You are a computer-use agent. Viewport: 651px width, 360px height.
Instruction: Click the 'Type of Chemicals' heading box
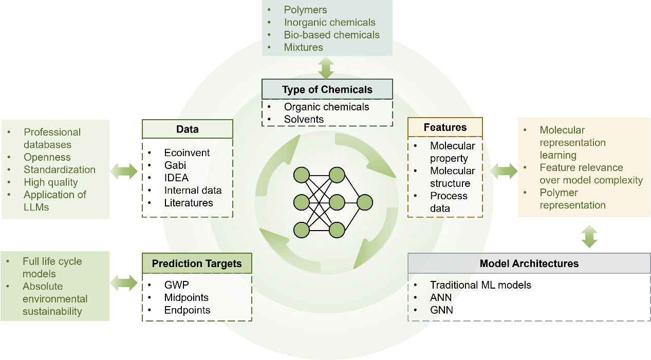pyautogui.click(x=327, y=89)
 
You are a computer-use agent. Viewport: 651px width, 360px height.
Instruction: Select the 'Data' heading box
pyautogui.click(x=187, y=129)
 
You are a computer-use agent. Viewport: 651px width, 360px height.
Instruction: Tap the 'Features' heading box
pyautogui.click(x=445, y=127)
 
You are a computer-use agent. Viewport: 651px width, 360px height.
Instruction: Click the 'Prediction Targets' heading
pyautogui.click(x=197, y=263)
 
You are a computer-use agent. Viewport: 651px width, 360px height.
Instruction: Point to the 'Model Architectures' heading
pyautogui.click(x=529, y=263)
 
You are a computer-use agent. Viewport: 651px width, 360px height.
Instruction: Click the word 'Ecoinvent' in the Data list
pyautogui.click(x=187, y=153)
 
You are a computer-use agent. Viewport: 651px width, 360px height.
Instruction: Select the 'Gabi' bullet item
pyautogui.click(x=175, y=165)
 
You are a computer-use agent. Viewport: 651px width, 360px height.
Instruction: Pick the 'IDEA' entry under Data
pyautogui.click(x=176, y=178)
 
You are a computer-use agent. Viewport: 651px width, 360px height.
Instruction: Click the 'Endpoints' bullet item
pyautogui.click(x=187, y=310)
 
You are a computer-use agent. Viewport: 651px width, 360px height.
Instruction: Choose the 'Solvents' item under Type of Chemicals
pyautogui.click(x=304, y=119)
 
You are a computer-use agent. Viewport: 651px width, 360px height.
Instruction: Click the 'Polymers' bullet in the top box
pyautogui.click(x=305, y=10)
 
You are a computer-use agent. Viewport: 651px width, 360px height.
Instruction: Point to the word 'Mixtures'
pyautogui.click(x=303, y=47)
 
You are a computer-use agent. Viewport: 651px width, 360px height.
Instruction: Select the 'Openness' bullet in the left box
pyautogui.click(x=47, y=157)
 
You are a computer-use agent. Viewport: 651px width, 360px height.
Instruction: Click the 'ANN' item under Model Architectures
pyautogui.click(x=441, y=297)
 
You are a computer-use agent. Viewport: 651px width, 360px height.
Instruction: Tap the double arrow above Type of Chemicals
pyautogui.click(x=326, y=68)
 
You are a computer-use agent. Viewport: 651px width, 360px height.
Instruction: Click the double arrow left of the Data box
pyautogui.click(x=124, y=170)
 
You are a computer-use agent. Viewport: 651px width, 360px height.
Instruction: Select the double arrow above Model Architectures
pyautogui.click(x=589, y=236)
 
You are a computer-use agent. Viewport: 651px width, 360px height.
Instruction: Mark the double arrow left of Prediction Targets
pyautogui.click(x=124, y=282)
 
